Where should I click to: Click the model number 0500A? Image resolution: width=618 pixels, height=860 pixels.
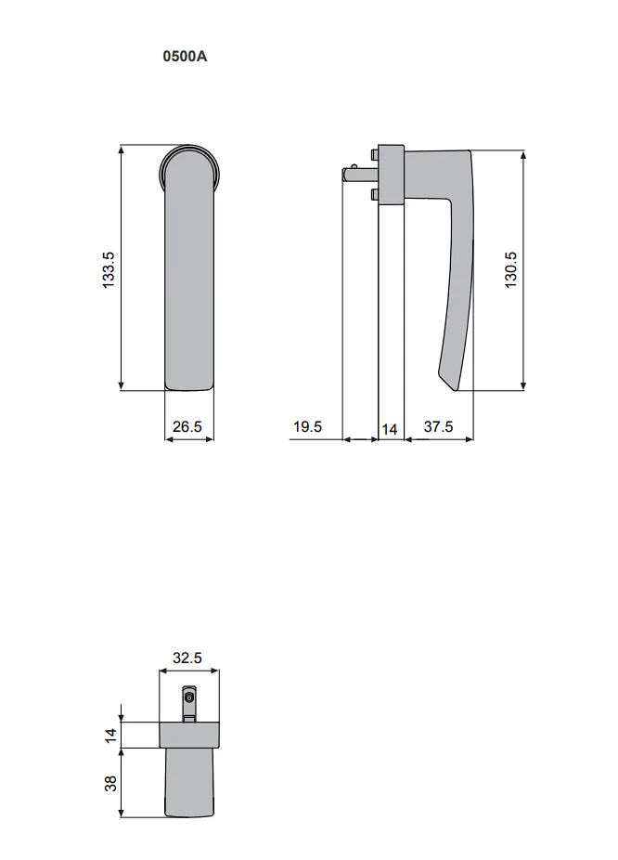pos(186,56)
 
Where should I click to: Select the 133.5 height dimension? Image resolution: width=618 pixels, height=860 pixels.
pos(108,267)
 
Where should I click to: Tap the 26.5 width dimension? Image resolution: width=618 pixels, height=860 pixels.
pos(187,427)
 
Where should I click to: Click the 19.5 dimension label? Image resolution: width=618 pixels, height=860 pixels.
pos(307,427)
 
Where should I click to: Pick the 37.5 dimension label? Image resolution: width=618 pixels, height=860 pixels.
pos(438,427)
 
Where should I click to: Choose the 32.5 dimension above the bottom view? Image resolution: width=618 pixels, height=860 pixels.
pos(187,658)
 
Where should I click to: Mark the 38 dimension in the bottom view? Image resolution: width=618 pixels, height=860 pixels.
pos(110,784)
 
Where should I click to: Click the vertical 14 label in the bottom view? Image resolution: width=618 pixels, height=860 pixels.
pos(110,736)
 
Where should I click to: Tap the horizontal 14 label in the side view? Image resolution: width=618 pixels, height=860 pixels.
pos(390,429)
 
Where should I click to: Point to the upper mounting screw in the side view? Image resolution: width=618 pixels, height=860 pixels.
pos(374,153)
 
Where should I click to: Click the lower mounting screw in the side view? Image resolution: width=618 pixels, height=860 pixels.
pos(374,194)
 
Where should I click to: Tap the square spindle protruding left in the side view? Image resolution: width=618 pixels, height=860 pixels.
pos(354,173)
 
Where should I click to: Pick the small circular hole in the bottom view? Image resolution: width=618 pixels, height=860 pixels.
pos(189,697)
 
